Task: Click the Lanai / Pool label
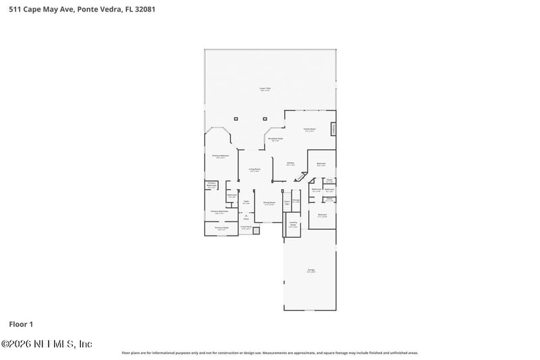[265, 89]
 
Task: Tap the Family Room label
[309, 130]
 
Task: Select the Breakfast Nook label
[275, 139]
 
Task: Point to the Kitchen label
[290, 163]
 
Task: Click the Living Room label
[254, 170]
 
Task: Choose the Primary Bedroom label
[219, 156]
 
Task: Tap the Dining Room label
[269, 203]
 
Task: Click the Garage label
[311, 270]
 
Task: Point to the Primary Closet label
[222, 228]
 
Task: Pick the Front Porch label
[246, 228]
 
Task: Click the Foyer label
[246, 201]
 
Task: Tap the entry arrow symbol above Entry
[246, 215]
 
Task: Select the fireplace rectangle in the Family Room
[333, 128]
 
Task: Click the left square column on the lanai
[236, 118]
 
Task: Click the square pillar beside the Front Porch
[256, 230]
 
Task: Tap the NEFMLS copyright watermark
[47, 344]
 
